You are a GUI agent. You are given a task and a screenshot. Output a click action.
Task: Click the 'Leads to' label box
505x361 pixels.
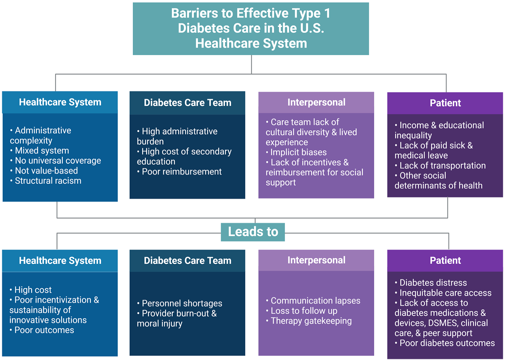(253, 232)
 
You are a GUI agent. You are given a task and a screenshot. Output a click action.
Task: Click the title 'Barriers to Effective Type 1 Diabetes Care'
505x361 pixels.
(251, 28)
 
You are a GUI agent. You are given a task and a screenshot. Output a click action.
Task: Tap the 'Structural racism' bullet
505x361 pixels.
(46, 181)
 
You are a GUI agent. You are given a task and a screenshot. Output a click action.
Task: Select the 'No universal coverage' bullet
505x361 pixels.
(55, 161)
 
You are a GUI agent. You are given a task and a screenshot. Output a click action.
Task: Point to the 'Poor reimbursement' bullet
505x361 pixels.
(179, 172)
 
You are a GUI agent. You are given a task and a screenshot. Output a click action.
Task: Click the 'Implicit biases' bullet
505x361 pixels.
(296, 152)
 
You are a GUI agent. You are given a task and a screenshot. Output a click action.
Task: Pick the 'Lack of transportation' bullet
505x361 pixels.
(440, 166)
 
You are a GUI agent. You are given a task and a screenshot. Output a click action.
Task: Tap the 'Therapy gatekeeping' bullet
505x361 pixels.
(309, 321)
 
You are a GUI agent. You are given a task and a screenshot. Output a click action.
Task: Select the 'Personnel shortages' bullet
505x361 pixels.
(180, 303)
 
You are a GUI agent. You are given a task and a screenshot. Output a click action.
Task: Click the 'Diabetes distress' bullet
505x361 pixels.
(431, 283)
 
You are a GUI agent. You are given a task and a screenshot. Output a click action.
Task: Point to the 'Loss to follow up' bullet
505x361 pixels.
(302, 311)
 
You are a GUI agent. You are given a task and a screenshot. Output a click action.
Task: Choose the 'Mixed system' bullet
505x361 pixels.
(40, 150)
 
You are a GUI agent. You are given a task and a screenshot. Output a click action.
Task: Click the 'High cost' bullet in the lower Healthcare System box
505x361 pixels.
(31, 290)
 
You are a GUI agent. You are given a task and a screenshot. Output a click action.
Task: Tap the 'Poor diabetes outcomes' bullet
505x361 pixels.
(445, 343)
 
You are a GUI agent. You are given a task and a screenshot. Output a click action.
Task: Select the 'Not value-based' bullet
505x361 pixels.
(44, 171)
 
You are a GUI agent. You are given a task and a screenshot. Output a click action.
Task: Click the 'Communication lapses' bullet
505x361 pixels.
(313, 301)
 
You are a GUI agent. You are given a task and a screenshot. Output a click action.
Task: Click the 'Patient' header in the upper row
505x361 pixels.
(445, 103)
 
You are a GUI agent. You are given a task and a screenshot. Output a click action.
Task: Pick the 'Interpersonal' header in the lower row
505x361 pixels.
(316, 260)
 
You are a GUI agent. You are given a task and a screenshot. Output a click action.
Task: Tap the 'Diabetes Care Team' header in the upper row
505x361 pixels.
(187, 103)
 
